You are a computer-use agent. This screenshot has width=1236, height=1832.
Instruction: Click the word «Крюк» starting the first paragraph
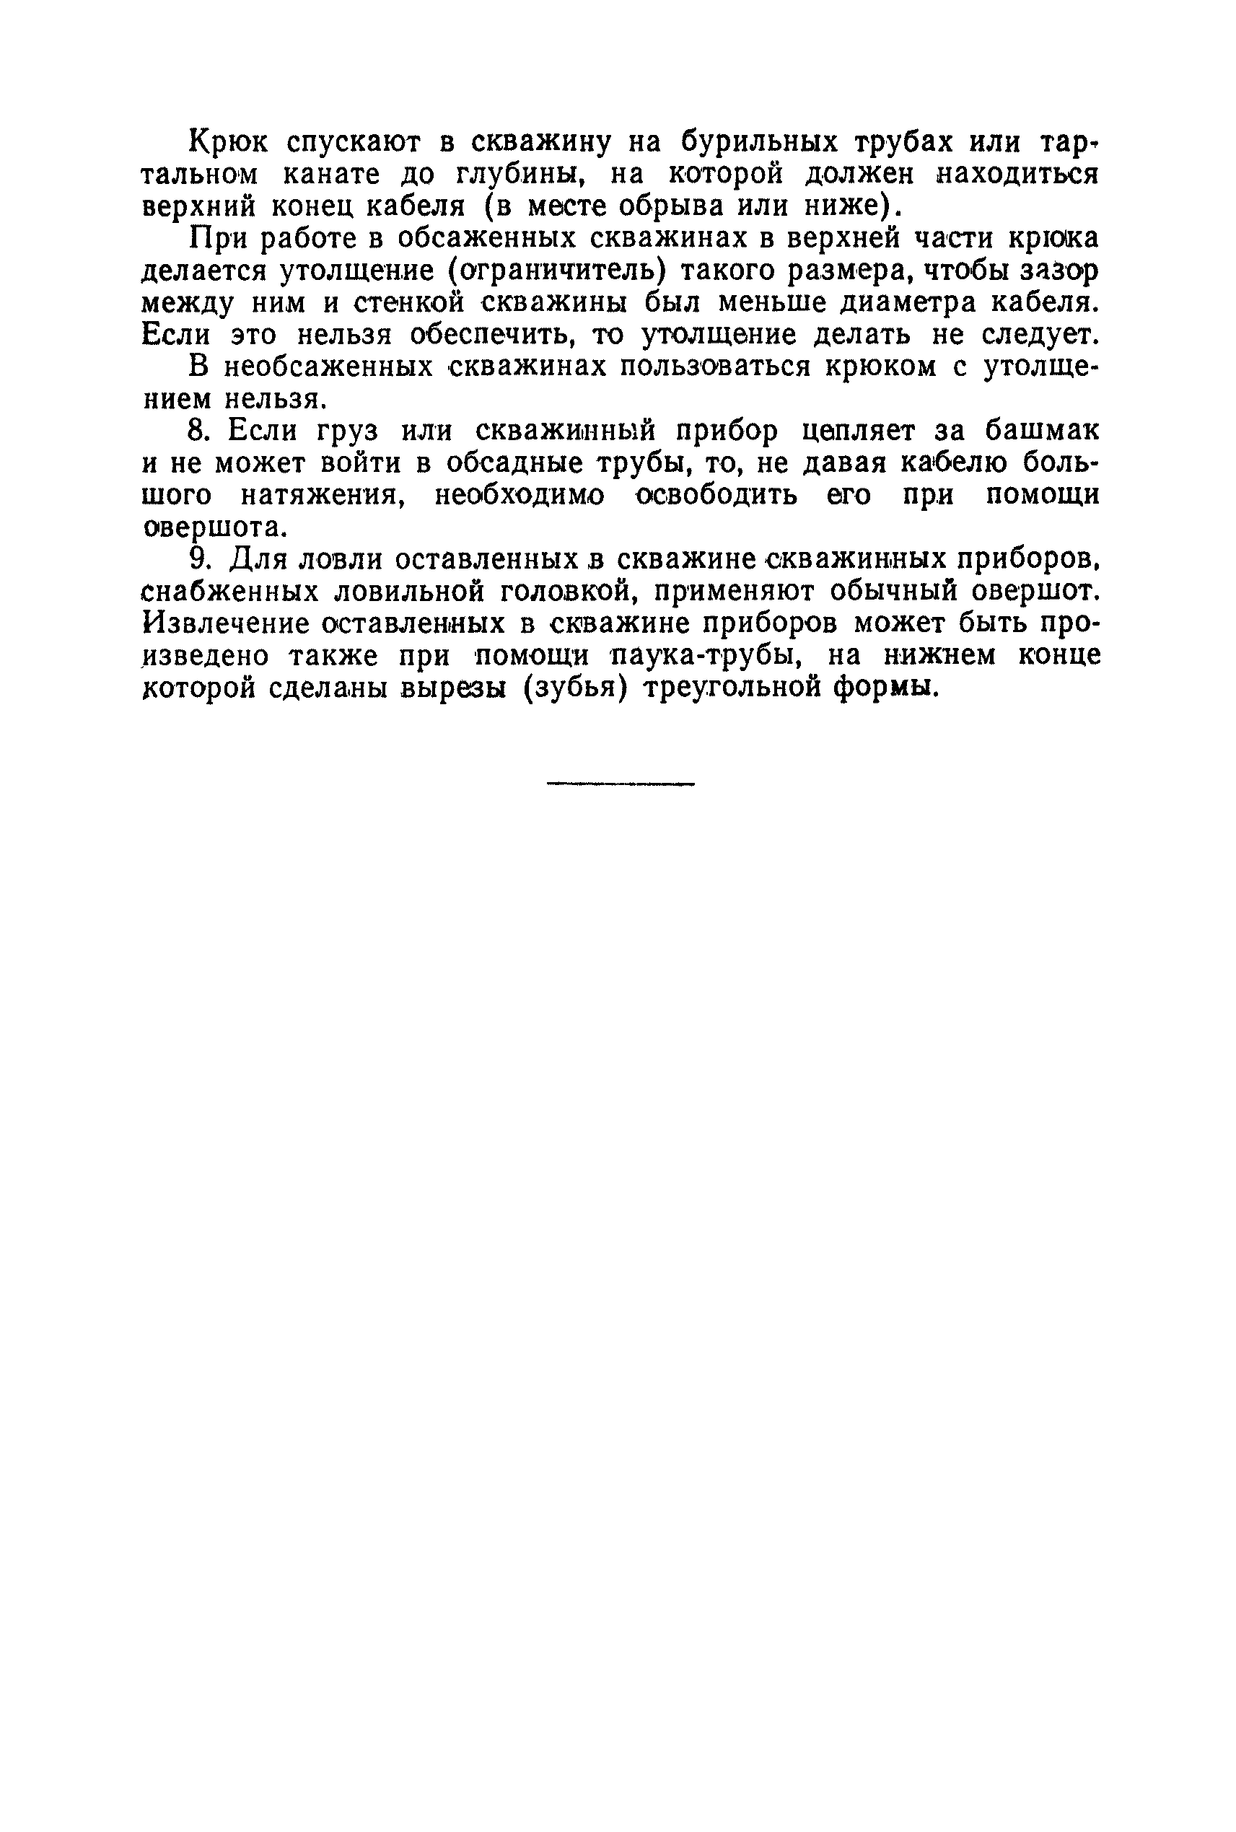click(229, 142)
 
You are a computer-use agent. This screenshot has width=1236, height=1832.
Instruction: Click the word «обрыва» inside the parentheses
click(670, 206)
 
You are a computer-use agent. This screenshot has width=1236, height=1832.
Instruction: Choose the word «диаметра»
click(886, 303)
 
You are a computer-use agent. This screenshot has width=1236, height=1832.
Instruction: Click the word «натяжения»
click(322, 496)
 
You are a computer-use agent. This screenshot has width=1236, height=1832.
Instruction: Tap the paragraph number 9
click(199, 560)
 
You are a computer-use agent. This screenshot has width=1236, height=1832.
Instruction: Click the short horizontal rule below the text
click(621, 784)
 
